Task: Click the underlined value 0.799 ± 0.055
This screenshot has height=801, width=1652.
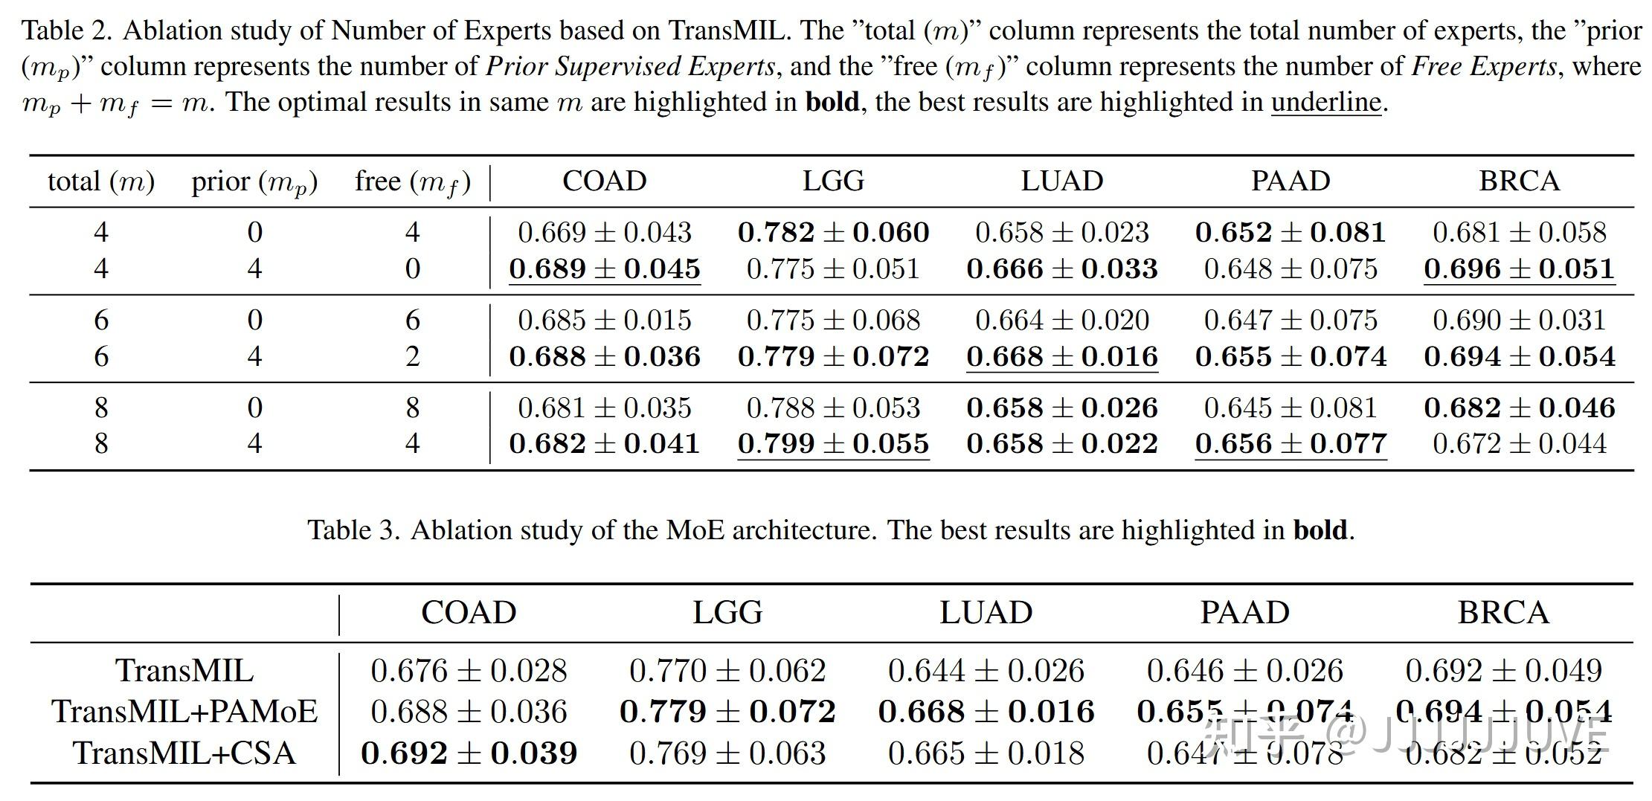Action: (833, 444)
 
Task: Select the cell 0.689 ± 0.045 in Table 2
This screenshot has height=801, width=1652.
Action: (605, 269)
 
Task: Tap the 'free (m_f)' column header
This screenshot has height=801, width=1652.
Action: (413, 181)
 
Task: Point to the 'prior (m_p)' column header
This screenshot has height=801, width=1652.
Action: (254, 181)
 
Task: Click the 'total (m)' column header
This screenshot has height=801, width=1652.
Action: (101, 181)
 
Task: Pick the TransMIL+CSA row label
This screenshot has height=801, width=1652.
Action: (184, 753)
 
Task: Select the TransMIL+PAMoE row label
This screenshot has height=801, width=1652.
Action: (184, 712)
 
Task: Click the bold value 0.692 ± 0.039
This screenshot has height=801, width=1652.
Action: (469, 753)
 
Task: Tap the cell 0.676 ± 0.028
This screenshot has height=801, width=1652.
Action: (469, 671)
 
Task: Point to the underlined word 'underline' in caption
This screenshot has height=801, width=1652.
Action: (1326, 102)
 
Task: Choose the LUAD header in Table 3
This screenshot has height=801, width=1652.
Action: (986, 613)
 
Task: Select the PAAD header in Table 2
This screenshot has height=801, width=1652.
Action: (1291, 181)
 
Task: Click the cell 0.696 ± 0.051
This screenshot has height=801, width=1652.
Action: (1519, 269)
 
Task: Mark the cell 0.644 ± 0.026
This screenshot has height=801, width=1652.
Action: (986, 671)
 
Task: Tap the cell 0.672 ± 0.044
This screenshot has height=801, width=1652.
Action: (1519, 444)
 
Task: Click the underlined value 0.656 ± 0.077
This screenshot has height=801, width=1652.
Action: (1291, 444)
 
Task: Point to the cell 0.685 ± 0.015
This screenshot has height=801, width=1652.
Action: (605, 321)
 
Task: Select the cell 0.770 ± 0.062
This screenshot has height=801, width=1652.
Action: (727, 671)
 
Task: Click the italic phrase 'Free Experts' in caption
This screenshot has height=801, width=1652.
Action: (1484, 67)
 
